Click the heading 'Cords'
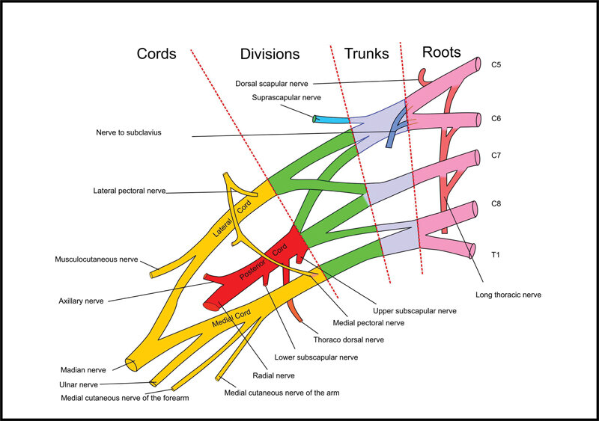click(x=156, y=54)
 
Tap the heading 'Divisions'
click(x=270, y=54)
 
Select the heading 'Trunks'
click(x=366, y=53)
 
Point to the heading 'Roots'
click(x=441, y=52)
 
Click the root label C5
click(x=496, y=65)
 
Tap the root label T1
click(x=495, y=255)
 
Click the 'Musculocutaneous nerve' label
click(x=97, y=259)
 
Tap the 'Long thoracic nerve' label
click(x=508, y=295)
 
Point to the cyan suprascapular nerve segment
click(x=333, y=119)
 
